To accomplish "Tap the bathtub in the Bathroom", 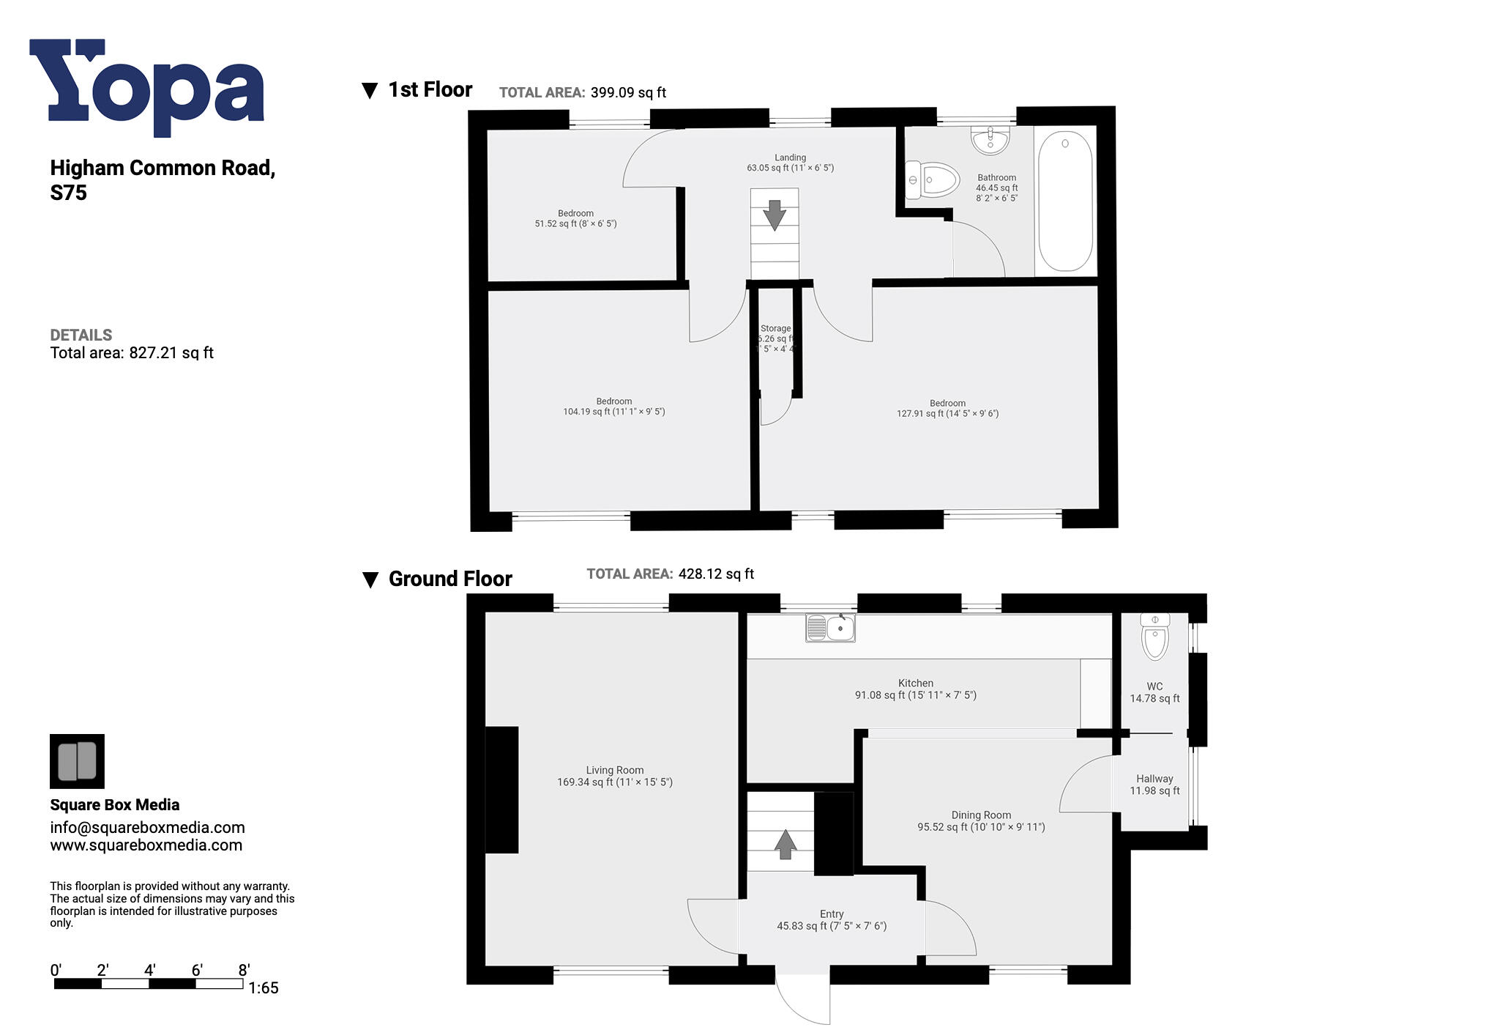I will tap(1065, 201).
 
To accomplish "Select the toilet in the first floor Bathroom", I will tap(933, 179).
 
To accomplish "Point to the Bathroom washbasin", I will tap(990, 139).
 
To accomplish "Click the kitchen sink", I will tap(830, 628).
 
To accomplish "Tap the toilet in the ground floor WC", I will tap(1154, 637).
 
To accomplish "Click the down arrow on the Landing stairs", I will tap(775, 215).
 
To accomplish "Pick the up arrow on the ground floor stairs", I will tap(785, 844).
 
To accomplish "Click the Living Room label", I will tap(615, 770).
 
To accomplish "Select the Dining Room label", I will tap(981, 815).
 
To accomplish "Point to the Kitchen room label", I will tap(916, 683).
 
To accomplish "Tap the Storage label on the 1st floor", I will tap(775, 329).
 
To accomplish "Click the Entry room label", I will tap(832, 914).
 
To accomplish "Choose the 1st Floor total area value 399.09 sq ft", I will tap(628, 93).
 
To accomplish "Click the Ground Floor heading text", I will tap(449, 579).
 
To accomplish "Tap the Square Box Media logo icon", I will tap(77, 761).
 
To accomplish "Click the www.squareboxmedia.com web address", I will tap(146, 845).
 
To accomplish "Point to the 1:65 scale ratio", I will tap(263, 988).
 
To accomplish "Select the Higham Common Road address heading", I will tap(163, 179).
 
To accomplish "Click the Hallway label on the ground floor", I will tap(1154, 779).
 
